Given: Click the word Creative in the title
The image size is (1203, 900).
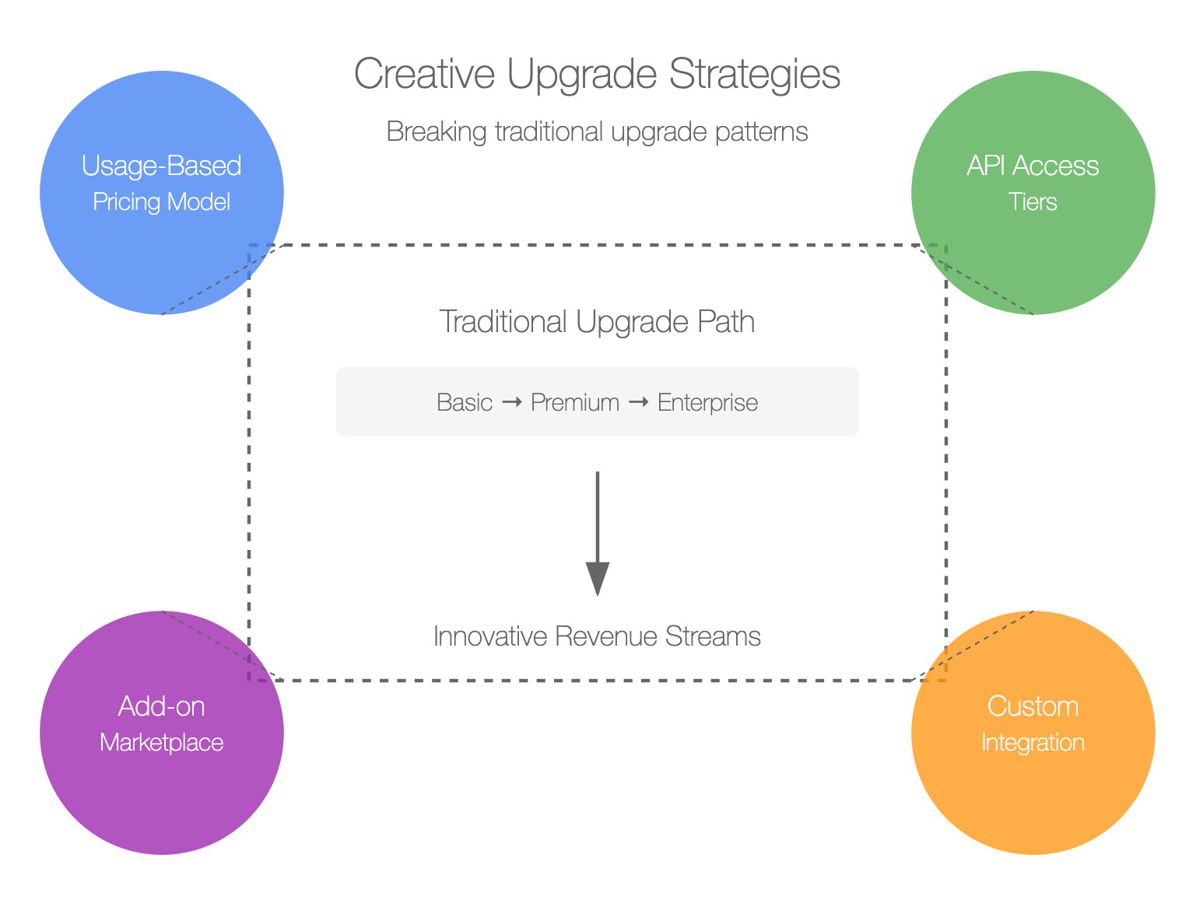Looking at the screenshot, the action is tap(425, 74).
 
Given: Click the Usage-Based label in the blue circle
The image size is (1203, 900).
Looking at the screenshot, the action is tap(162, 166).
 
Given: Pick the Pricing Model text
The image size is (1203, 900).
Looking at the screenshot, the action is tap(162, 201).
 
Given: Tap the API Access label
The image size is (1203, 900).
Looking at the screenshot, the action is tap(1033, 166).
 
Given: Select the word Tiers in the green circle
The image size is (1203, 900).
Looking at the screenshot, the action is tap(1033, 201).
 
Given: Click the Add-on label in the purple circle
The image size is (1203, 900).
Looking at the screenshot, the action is tap(162, 706).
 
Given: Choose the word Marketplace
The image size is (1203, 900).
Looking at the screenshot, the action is tap(162, 743).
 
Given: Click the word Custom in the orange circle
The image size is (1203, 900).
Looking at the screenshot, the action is tap(1033, 706).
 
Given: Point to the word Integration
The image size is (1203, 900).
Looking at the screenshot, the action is tap(1033, 743).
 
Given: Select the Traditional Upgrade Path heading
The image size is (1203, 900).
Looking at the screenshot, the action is tap(598, 321).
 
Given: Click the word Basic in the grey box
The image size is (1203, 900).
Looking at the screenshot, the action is tap(465, 403).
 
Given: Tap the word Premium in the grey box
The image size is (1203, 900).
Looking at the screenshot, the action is tap(575, 403).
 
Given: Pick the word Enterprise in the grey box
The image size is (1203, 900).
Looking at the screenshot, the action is tap(707, 403).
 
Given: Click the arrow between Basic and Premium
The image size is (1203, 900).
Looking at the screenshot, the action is tap(512, 403).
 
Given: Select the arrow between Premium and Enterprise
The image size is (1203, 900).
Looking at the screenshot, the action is tap(639, 403).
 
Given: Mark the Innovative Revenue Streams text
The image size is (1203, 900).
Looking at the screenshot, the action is tap(597, 636).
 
